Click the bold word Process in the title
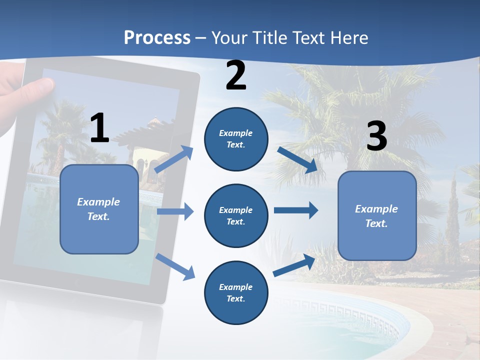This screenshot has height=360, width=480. pyautogui.click(x=157, y=37)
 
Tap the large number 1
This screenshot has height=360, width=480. pyautogui.click(x=99, y=128)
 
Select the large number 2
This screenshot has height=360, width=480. pyautogui.click(x=236, y=75)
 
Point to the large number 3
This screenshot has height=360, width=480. pyautogui.click(x=376, y=136)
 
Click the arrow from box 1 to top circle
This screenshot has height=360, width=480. pyautogui.click(x=174, y=159)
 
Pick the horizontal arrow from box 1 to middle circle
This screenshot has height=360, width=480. pyautogui.click(x=175, y=211)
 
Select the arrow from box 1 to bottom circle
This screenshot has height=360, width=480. pyautogui.click(x=175, y=266)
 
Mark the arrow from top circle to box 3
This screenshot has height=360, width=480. pyautogui.click(x=297, y=159)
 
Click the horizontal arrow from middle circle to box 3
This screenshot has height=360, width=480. pyautogui.click(x=296, y=210)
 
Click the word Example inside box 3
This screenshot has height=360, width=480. pyautogui.click(x=376, y=209)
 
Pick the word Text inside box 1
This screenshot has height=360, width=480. pyautogui.click(x=98, y=216)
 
